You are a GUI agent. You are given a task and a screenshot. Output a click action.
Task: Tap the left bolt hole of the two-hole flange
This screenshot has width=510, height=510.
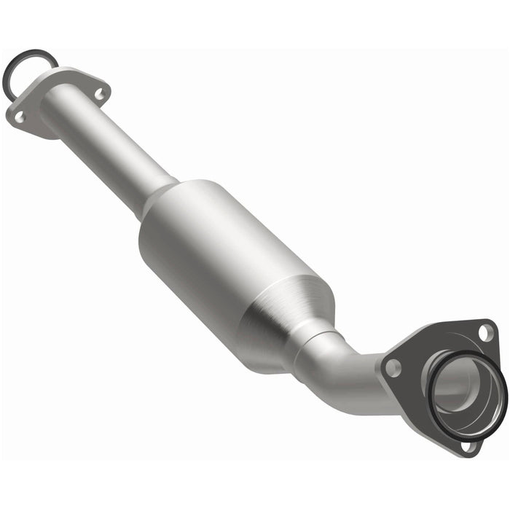[19, 116]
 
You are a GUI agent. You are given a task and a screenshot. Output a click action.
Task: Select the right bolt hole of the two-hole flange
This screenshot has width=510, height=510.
[100, 93]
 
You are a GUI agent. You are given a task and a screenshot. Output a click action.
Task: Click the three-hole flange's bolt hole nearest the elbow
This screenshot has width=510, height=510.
[393, 368]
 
